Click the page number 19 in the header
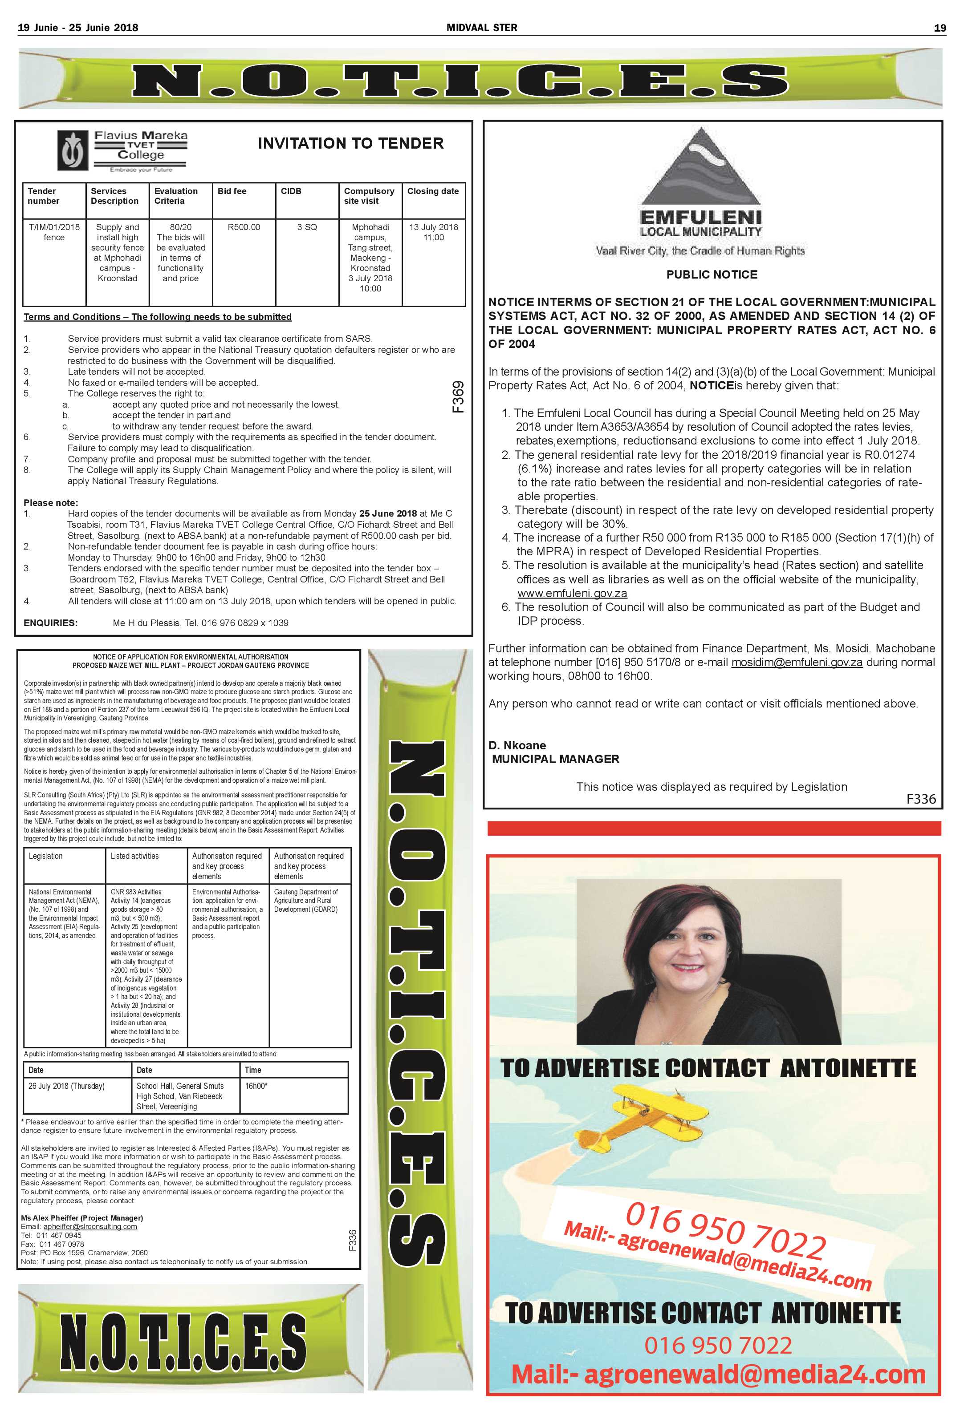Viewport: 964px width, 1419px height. coord(940,28)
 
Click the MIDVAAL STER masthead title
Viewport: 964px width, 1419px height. coord(482,28)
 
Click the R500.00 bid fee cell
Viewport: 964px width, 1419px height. coord(244,227)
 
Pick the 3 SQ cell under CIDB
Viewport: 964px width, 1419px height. coord(307,227)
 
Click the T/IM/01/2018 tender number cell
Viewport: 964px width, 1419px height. coord(54,232)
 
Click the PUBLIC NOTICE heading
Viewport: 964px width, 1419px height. coord(712,275)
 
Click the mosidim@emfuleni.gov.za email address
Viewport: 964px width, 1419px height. coord(797,663)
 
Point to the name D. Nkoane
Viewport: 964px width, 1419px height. coord(517,745)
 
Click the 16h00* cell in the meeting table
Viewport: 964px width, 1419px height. coord(256,1086)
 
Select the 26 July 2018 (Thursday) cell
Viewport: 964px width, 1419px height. coord(67,1086)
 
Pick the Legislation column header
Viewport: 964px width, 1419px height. coord(46,856)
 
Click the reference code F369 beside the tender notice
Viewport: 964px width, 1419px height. coord(458,397)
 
